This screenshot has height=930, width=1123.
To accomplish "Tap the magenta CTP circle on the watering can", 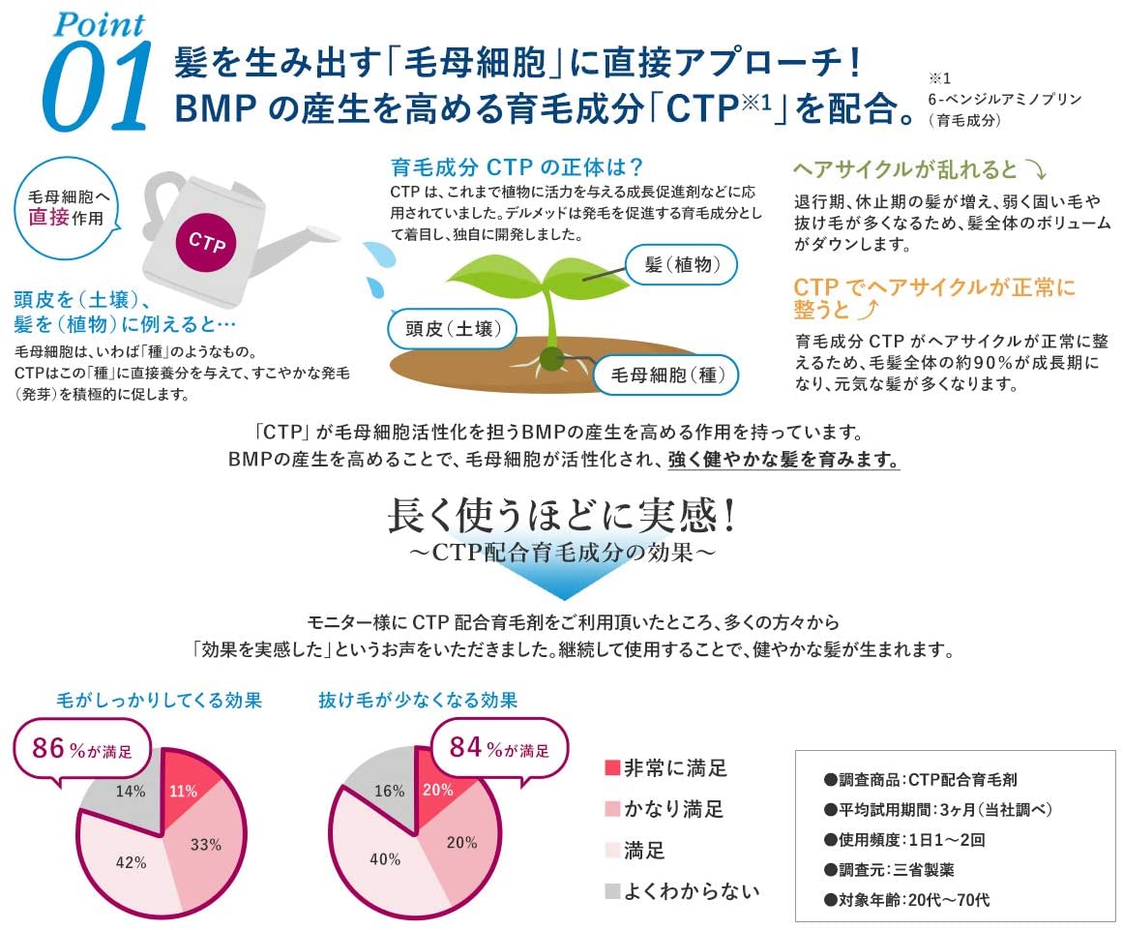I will (207, 242).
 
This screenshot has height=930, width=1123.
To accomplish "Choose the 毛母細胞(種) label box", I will (666, 375).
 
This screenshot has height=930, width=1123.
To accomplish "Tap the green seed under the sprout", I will (550, 360).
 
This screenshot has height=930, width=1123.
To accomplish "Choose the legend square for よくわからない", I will (611, 891).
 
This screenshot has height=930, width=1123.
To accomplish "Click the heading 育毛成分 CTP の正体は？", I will (517, 166).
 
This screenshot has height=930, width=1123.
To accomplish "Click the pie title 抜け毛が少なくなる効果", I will (418, 700).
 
